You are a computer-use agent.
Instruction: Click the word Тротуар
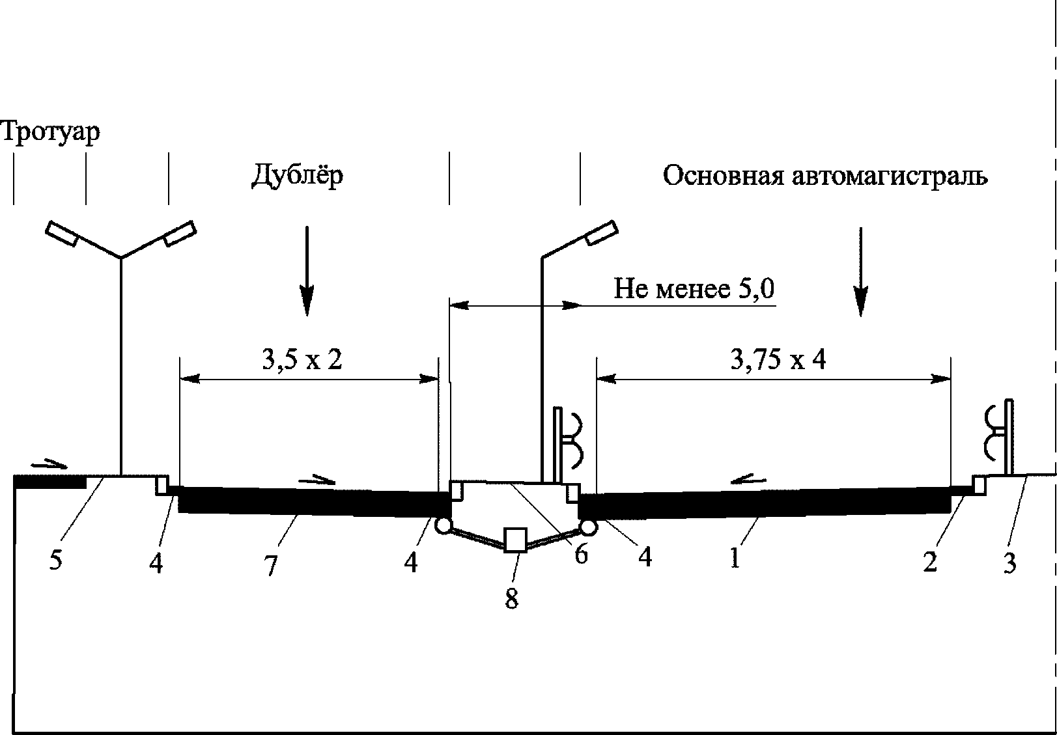pos(50,132)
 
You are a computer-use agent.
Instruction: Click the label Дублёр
pos(297,175)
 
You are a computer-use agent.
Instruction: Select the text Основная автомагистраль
pos(825,176)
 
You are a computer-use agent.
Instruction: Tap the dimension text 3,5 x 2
pos(302,359)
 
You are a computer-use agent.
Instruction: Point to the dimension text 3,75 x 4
pos(778,359)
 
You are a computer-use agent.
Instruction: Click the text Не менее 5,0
pos(694,288)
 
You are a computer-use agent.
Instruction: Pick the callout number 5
pos(55,560)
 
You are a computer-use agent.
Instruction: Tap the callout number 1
pos(735,558)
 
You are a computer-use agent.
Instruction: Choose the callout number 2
pos(930,561)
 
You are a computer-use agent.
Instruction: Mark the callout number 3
pos(1009,562)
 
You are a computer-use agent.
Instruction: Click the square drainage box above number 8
pos(516,540)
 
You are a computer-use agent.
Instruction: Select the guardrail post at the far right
pos(1009,436)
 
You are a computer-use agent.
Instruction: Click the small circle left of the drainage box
pos(444,525)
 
